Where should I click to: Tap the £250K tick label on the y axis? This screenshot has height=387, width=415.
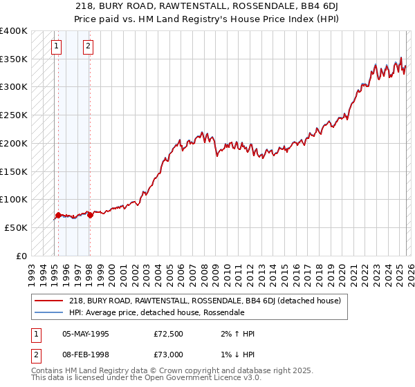click(14, 115)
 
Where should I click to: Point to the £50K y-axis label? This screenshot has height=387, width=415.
click(16, 227)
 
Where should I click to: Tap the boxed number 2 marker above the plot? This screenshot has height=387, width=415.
click(89, 47)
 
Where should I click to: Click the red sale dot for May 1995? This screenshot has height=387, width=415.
click(58, 215)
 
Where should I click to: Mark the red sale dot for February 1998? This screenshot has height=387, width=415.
click(90, 215)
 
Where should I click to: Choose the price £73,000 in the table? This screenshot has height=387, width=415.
click(168, 354)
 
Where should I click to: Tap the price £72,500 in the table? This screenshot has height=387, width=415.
click(168, 334)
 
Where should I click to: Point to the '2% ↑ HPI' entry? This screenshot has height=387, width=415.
click(237, 334)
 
